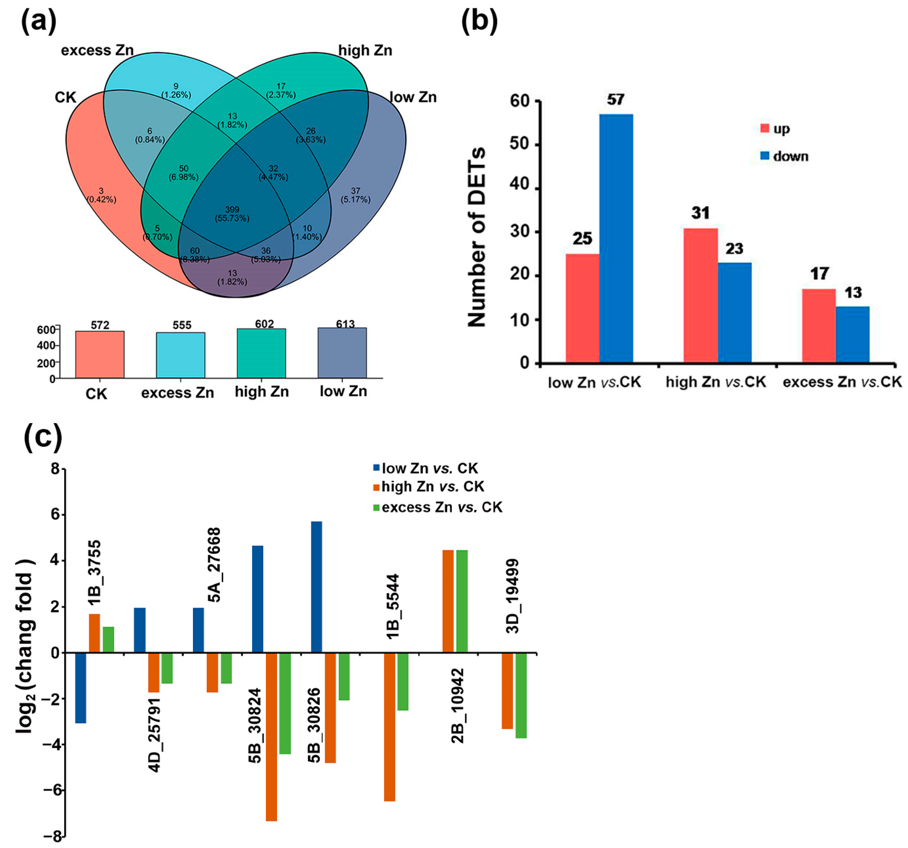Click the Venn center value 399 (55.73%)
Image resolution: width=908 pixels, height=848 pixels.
point(232,214)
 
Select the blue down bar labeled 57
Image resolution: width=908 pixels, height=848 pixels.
point(616,237)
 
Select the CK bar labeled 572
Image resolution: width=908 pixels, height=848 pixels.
point(100,354)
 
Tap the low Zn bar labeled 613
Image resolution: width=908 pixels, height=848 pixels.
point(342,353)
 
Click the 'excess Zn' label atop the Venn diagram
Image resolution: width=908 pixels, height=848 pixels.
point(97,50)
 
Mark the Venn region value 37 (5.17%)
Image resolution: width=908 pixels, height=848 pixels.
point(355,195)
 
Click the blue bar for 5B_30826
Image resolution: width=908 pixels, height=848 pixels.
point(316,587)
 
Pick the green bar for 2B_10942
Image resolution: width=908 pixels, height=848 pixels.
point(462,601)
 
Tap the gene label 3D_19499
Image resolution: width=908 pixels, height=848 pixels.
point(513,596)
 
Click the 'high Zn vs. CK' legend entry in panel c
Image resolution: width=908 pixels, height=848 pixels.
point(432,487)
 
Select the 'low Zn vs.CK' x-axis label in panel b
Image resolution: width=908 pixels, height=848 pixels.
point(594,382)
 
